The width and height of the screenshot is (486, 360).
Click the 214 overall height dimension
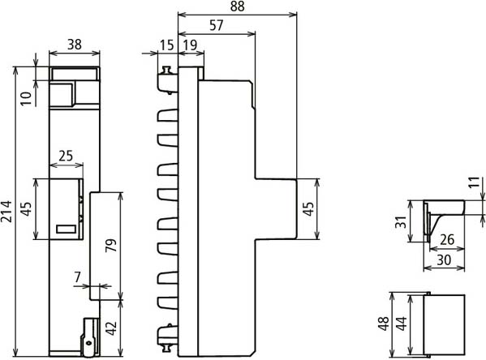pyautogui.click(x=6, y=212)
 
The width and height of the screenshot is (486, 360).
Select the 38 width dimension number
pyautogui.click(x=75, y=45)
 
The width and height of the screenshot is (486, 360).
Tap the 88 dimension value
pyautogui.click(x=238, y=6)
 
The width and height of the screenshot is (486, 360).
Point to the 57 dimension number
pyautogui.click(x=217, y=25)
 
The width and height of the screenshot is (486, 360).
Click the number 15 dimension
pyautogui.click(x=167, y=45)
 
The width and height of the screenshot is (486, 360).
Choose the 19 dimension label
pyautogui.click(x=190, y=45)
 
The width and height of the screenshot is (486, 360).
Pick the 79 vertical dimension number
pyautogui.click(x=111, y=246)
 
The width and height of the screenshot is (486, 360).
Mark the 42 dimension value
pyautogui.click(x=111, y=328)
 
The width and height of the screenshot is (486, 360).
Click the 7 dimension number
pyautogui.click(x=78, y=276)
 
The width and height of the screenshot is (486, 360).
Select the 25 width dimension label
pyautogui.click(x=66, y=156)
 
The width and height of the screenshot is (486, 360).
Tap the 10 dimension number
pyautogui.click(x=27, y=99)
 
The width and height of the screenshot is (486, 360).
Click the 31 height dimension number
pyautogui.click(x=401, y=222)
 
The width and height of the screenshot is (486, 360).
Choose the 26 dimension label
pyautogui.click(x=447, y=240)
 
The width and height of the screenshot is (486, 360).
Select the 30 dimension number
pyautogui.click(x=444, y=260)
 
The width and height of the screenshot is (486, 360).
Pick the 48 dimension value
pyautogui.click(x=384, y=324)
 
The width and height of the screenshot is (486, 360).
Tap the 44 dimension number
pyautogui.click(x=402, y=324)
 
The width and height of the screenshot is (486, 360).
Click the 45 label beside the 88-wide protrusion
pyautogui.click(x=308, y=209)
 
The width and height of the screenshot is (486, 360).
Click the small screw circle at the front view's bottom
pyautogui.click(x=89, y=343)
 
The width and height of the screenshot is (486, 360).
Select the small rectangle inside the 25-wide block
pyautogui.click(x=66, y=229)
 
